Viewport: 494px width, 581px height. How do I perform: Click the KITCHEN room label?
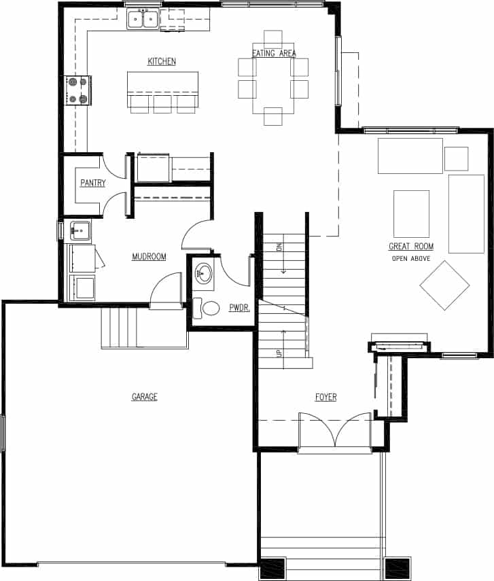[162, 62]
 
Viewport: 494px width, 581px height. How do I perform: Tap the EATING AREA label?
[273, 54]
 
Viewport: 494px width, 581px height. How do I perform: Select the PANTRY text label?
[92, 183]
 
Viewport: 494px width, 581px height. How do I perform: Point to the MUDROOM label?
[149, 257]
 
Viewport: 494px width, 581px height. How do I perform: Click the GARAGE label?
[144, 397]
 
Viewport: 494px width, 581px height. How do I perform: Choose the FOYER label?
[325, 397]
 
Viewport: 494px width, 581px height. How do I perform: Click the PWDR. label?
[239, 308]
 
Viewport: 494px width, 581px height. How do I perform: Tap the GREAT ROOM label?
[411, 247]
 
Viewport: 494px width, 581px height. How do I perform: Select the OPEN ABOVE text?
[411, 259]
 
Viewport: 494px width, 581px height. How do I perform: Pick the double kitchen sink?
[143, 20]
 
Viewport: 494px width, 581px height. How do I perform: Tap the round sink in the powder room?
[204, 275]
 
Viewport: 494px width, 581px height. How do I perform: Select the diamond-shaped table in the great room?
[444, 285]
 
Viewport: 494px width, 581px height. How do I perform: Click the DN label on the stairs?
[279, 247]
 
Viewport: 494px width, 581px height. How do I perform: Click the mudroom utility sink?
[81, 231]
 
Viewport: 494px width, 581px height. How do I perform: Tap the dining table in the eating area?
[273, 78]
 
